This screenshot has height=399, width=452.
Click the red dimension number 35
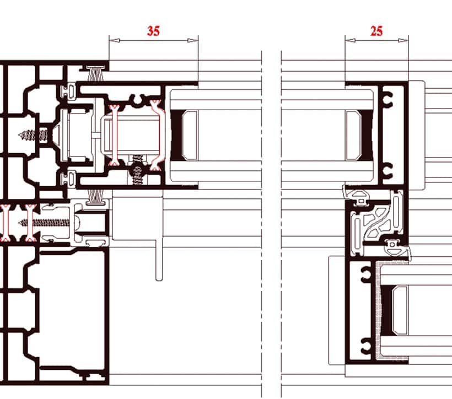pyautogui.click(x=153, y=31)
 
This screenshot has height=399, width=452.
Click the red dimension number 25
pyautogui.click(x=376, y=31)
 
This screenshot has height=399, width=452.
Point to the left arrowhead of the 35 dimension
pyautogui.click(x=115, y=40)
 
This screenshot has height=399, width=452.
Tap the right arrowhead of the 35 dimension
pyautogui.click(x=193, y=40)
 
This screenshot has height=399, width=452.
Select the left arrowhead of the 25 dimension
pyautogui.click(x=350, y=40)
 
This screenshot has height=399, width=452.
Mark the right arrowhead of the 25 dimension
pyautogui.click(x=403, y=40)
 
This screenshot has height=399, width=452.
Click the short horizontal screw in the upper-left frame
pyautogui.click(x=33, y=135)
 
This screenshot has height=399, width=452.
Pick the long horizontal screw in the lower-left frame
pyautogui.click(x=45, y=223)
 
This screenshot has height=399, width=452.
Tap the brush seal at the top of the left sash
pyautogui.click(x=95, y=73)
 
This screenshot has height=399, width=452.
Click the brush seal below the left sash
pyautogui.click(x=96, y=197)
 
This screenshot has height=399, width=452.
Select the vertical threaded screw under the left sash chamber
pyautogui.click(x=137, y=170)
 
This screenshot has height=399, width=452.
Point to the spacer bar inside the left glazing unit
pyautogui.click(x=190, y=135)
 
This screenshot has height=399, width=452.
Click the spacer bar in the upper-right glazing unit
pyautogui.click(x=353, y=135)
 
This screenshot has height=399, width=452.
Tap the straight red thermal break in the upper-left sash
pyautogui.click(x=115, y=135)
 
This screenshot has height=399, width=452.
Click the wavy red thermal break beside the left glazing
pyautogui.click(x=157, y=135)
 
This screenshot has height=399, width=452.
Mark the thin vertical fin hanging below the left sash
pyautogui.click(x=159, y=259)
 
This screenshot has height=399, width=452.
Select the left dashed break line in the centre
pyautogui.click(x=261, y=224)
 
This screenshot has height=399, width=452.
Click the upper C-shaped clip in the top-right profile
pyautogui.click(x=388, y=99)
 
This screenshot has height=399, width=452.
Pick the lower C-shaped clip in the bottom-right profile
pyautogui.click(x=366, y=345)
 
